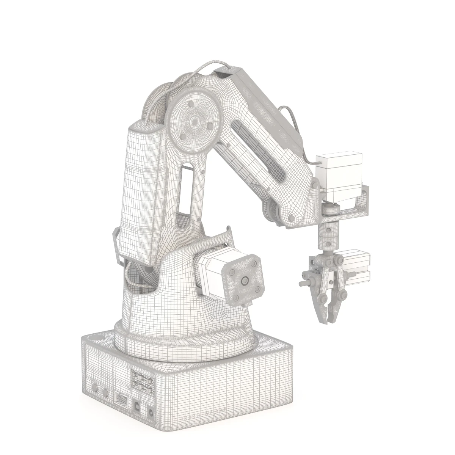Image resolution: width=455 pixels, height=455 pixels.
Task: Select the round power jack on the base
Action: [x=152, y=413]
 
